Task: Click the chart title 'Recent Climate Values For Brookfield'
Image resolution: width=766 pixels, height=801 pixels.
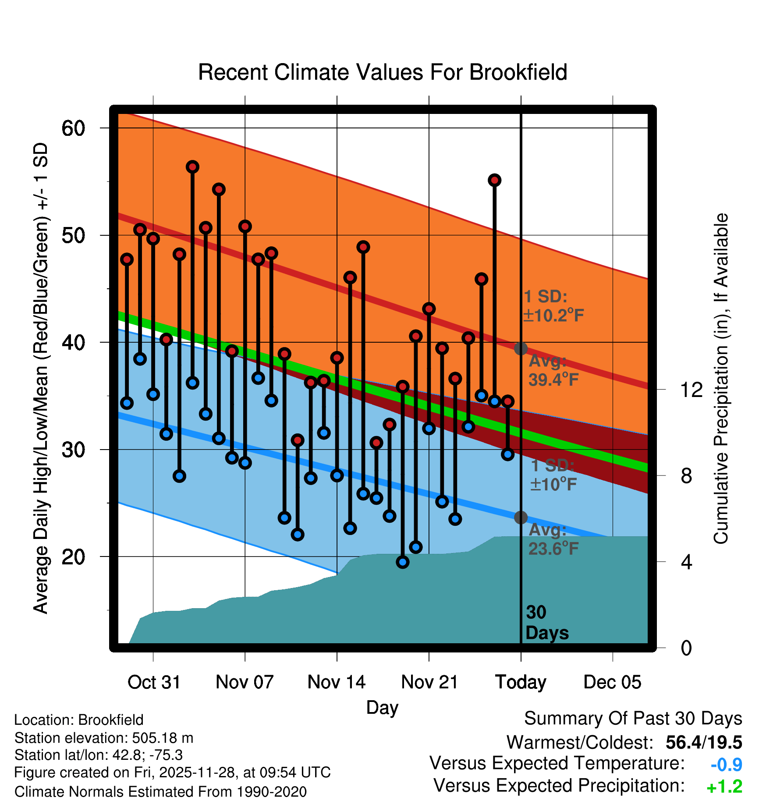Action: (383, 72)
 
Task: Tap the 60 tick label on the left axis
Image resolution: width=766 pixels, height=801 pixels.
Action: (73, 128)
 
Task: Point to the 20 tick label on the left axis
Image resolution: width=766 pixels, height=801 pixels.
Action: (73, 557)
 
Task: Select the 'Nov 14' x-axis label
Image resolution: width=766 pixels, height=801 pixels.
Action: (337, 682)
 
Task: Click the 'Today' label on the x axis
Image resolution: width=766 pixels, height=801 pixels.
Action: (521, 682)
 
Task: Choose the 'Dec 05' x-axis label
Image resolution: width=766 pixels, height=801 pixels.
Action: (612, 682)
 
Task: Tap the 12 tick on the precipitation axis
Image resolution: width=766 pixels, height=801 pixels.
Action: (691, 390)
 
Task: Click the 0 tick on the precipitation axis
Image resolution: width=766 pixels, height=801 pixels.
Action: (686, 648)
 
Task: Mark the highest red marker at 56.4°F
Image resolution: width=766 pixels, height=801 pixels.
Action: (192, 167)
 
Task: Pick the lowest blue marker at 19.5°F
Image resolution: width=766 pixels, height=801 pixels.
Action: (403, 562)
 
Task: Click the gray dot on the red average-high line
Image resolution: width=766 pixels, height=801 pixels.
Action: (521, 348)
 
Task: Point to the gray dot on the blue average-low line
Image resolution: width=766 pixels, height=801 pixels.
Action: (521, 517)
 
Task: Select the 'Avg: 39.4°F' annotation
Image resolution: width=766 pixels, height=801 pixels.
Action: (553, 370)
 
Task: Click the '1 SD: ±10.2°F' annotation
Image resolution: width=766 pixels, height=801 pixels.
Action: (553, 306)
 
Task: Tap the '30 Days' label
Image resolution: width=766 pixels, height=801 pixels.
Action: (546, 623)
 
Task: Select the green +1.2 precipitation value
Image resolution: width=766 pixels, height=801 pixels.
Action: (724, 787)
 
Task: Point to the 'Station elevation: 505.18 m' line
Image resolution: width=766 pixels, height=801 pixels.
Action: (104, 738)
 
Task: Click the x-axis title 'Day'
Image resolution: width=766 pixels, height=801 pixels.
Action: (382, 708)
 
